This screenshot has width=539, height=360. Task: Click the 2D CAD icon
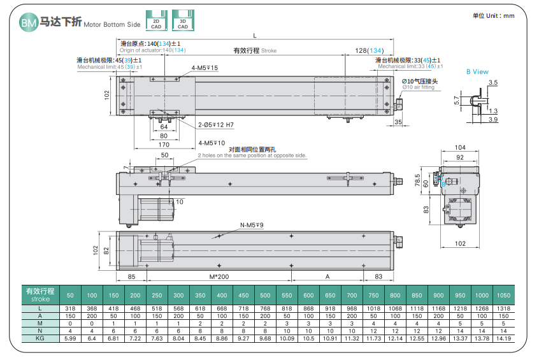156,20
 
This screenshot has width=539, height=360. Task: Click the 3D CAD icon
183,20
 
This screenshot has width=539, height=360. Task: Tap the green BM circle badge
29,22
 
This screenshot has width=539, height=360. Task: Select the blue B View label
477,72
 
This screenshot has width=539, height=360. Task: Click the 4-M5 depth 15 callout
205,68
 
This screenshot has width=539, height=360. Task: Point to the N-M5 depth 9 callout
252,225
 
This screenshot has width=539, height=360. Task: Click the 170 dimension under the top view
164,145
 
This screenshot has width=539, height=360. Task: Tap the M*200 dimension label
219,277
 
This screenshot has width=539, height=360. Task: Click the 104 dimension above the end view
460,148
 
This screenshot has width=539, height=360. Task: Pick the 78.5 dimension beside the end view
417,180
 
